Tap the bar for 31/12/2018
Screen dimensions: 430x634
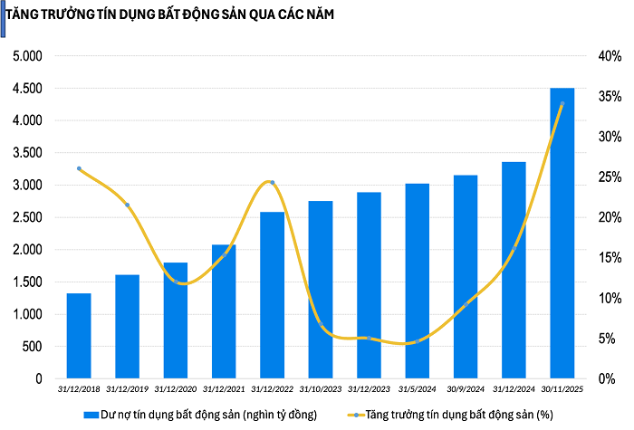tap(79, 336)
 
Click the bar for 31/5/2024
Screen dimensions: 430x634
tap(418, 281)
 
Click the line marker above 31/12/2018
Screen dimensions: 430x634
tap(79, 168)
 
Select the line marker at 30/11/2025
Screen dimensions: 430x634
tap(562, 104)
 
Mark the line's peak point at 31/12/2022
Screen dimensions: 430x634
tap(273, 182)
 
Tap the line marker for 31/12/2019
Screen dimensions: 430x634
tap(128, 205)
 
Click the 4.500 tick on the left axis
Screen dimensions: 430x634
tap(27, 89)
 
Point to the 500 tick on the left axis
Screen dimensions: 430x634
tap(32, 347)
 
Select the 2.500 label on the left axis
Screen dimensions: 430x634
tap(27, 217)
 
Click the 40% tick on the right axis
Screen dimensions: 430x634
tap(609, 56)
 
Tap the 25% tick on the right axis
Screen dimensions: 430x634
tap(609, 177)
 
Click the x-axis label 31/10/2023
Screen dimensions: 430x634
tap(321, 389)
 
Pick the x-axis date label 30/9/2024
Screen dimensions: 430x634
tap(466, 389)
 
